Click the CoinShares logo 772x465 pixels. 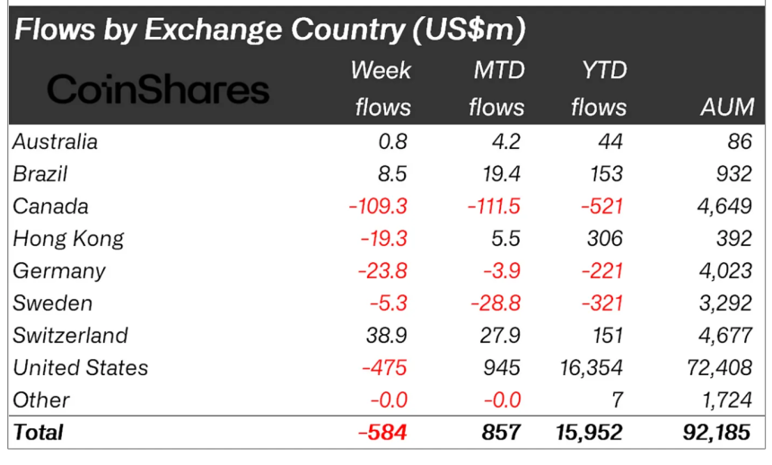click(157, 89)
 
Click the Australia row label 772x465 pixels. click(55, 141)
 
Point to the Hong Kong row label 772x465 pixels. click(68, 238)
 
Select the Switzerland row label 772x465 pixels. click(70, 335)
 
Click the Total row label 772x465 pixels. click(38, 432)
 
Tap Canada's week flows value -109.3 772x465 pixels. click(378, 206)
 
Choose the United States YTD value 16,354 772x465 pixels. click(591, 367)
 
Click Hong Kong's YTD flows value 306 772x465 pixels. click(607, 238)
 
